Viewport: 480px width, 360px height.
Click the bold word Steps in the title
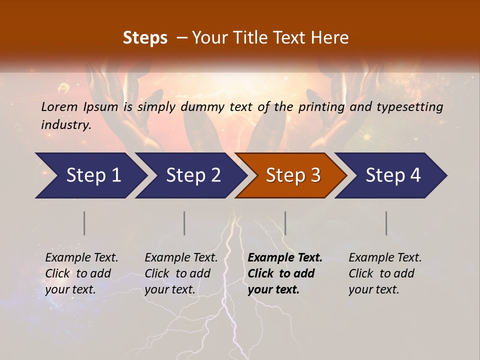145,37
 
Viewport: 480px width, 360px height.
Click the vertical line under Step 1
84,223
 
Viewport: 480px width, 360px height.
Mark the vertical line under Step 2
184,223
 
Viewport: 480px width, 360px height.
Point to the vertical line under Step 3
285,223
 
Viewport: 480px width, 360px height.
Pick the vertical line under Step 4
386,223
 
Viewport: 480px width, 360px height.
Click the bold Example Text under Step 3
285,257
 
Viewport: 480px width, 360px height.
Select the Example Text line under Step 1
81,257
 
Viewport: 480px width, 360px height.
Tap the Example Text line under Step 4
385,257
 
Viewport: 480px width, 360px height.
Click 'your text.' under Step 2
169,289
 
